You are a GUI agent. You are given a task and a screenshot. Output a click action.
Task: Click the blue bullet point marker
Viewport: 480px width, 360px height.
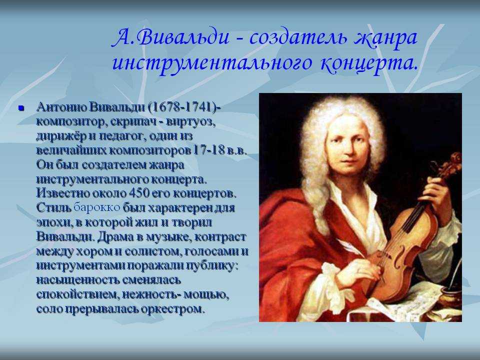21,108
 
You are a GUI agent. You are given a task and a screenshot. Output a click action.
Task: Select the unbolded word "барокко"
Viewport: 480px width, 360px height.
97,207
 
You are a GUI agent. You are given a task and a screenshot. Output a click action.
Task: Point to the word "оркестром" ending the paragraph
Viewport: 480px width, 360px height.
172,309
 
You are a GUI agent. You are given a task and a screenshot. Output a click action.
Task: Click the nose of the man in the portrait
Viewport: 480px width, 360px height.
347,148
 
